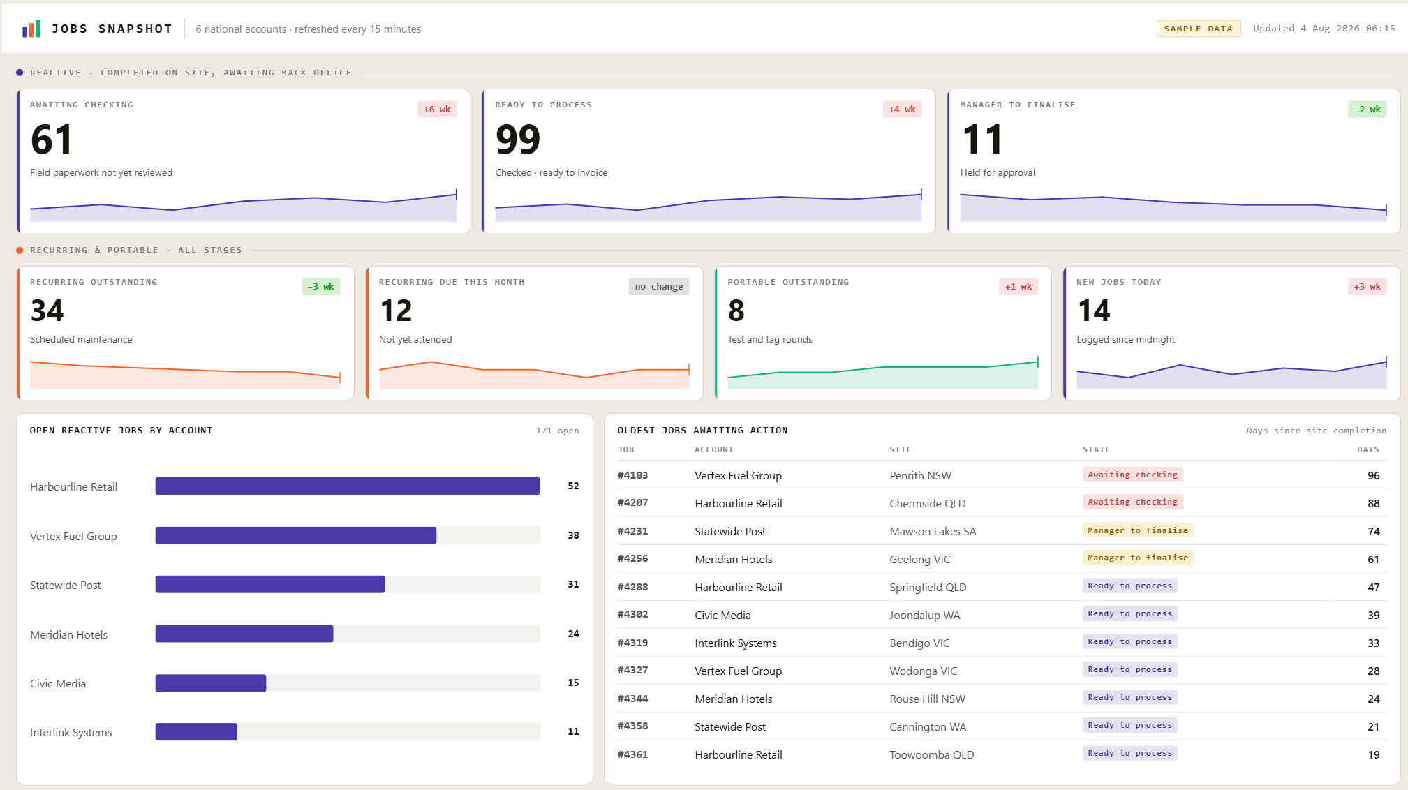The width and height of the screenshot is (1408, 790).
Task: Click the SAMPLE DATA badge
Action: pyautogui.click(x=1198, y=29)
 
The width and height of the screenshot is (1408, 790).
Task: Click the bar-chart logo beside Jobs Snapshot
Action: pyautogui.click(x=31, y=29)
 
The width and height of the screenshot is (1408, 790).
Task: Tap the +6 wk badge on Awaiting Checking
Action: pyautogui.click(x=437, y=110)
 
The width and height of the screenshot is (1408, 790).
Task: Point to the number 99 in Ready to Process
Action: pyautogui.click(x=518, y=139)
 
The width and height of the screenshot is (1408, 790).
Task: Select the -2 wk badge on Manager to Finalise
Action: pyautogui.click(x=1367, y=110)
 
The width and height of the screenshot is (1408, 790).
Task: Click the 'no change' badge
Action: pyautogui.click(x=659, y=287)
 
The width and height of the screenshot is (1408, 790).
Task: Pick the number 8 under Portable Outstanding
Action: pyautogui.click(x=736, y=311)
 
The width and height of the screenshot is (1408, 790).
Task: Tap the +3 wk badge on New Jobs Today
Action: pyautogui.click(x=1367, y=287)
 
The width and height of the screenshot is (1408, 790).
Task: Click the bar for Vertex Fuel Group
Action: pyautogui.click(x=296, y=535)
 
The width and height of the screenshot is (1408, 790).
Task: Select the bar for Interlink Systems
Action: pyautogui.click(x=196, y=731)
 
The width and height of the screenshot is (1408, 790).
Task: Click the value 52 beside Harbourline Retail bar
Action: pyautogui.click(x=573, y=486)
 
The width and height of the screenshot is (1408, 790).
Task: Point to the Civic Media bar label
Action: pyautogui.click(x=58, y=683)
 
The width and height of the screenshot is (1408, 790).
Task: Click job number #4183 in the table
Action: pyautogui.click(x=632, y=475)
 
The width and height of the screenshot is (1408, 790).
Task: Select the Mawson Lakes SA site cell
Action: pyautogui.click(x=933, y=531)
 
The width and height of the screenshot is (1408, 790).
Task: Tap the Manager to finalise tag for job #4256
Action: pyautogui.click(x=1138, y=558)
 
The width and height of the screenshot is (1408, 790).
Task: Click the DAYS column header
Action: pyautogui.click(x=1368, y=449)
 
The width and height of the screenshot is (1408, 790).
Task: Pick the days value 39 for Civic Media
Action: pyautogui.click(x=1374, y=615)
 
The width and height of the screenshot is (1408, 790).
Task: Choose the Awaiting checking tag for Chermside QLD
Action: pyautogui.click(x=1132, y=502)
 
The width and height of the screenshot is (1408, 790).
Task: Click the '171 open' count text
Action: pyautogui.click(x=558, y=431)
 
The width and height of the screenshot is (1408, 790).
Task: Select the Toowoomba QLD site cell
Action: pyautogui.click(x=931, y=754)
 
